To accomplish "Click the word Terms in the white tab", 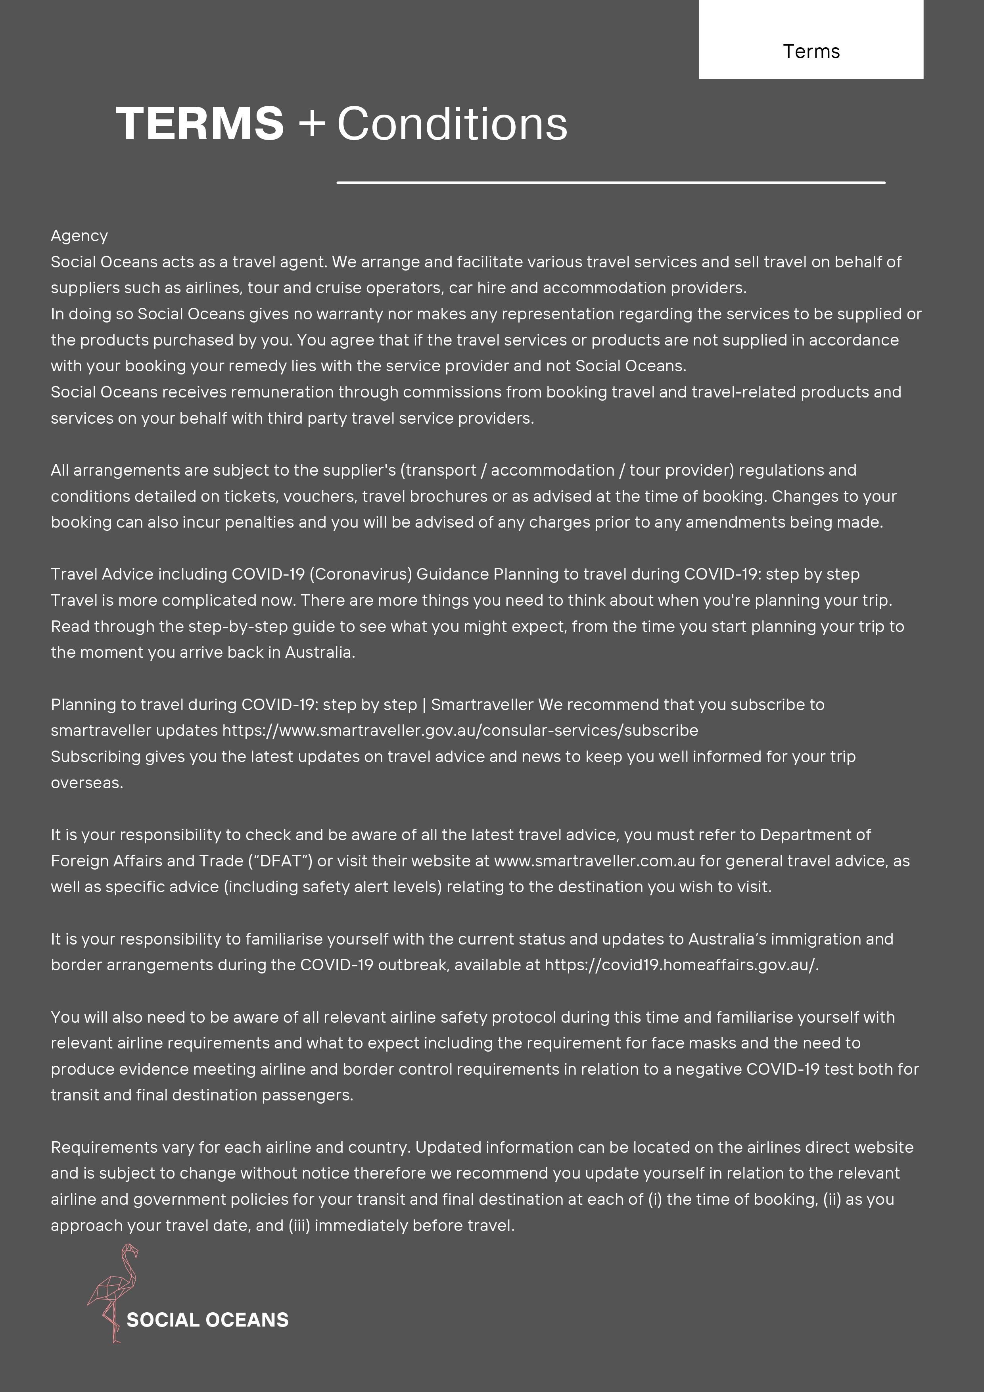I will pos(811,52).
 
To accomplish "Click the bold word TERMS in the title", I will pos(199,124).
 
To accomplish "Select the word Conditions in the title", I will pos(452,124).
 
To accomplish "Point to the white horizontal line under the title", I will pos(610,182).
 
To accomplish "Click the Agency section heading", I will pos(79,236).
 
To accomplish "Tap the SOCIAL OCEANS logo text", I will pos(207,1320).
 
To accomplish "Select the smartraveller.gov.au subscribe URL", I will pos(460,731).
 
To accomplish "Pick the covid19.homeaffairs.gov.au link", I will pos(681,965).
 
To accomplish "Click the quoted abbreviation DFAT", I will pos(281,861).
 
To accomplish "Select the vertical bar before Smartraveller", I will pos(424,705).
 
